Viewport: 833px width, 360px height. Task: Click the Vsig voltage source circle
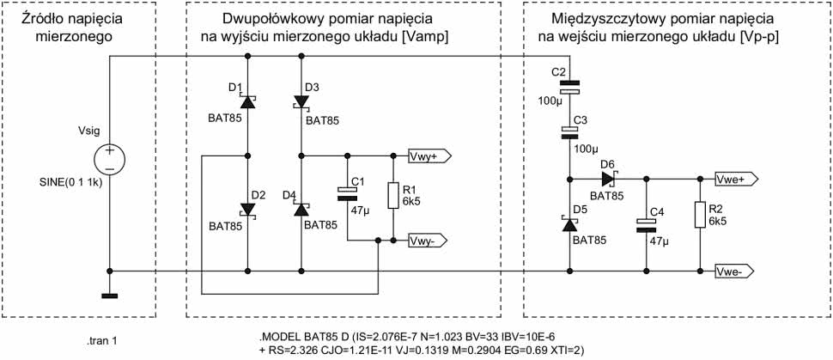point(111,159)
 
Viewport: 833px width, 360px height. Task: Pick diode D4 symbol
point(301,209)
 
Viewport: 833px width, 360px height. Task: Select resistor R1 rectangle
point(393,196)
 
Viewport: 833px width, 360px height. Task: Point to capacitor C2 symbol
point(569,87)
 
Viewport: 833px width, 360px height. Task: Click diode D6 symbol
point(609,180)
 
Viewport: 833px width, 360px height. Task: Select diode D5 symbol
point(569,223)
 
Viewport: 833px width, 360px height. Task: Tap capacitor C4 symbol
point(647,225)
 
